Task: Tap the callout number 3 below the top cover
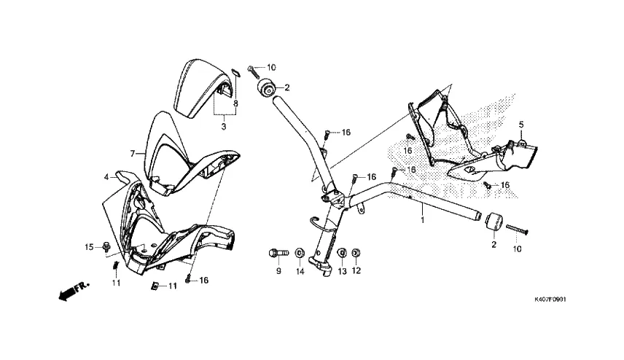[224, 126]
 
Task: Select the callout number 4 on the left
[106, 176]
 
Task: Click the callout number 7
[133, 154]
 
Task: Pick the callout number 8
[235, 104]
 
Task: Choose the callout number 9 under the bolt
[278, 271]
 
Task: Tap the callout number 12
[356, 271]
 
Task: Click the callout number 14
[299, 271]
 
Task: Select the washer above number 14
[299, 253]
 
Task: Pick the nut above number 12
[356, 253]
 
